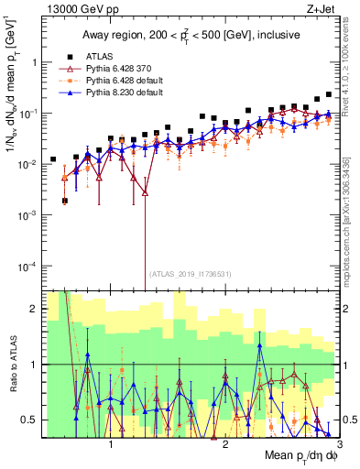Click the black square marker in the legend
coord(67,55)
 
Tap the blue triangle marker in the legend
coord(67,93)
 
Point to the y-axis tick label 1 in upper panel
coord(34,62)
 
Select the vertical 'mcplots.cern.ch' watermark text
coord(353,211)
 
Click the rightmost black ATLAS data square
coord(329,94)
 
